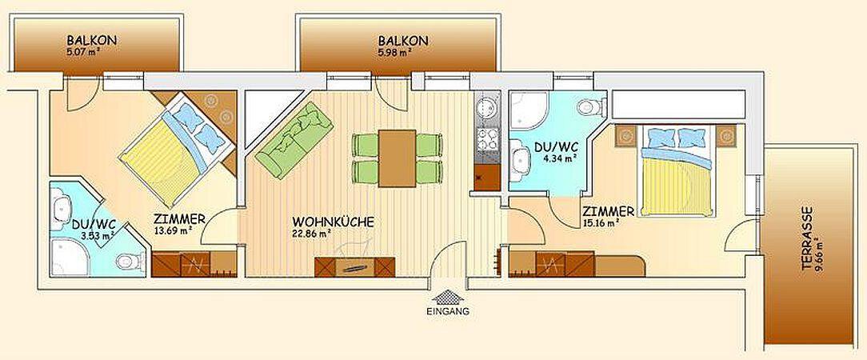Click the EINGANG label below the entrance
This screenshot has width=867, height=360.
(x=448, y=311)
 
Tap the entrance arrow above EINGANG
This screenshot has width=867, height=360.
(x=448, y=297)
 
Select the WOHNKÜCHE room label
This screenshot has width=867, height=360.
(x=333, y=222)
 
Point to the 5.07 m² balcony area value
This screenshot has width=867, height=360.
(x=82, y=51)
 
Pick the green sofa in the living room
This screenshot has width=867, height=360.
(x=294, y=140)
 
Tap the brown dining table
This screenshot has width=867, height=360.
(x=397, y=158)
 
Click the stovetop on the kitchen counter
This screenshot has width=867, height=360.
(x=486, y=139)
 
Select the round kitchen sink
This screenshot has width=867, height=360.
(x=486, y=107)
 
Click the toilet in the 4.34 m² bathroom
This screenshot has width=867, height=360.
(x=590, y=106)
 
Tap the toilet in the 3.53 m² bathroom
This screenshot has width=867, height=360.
(x=130, y=261)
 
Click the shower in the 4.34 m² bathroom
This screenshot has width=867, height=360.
(x=529, y=110)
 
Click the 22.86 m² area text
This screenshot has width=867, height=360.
(x=311, y=234)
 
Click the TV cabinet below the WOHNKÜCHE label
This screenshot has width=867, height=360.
(x=354, y=266)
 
